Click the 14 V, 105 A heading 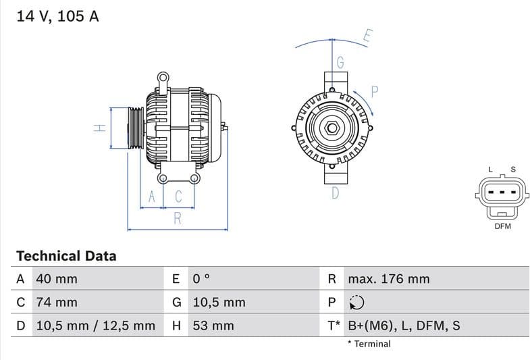click(x=57, y=17)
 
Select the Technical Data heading click(x=66, y=256)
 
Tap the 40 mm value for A click(x=57, y=279)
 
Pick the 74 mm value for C click(x=57, y=302)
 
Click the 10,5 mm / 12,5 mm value click(x=95, y=326)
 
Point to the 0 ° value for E click(x=202, y=279)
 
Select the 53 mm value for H click(x=213, y=326)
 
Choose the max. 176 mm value click(x=388, y=279)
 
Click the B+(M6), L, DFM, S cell click(x=404, y=326)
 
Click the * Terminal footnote click(x=369, y=344)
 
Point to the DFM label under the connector click(x=503, y=226)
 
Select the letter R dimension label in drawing click(x=178, y=217)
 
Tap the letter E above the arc click(x=367, y=36)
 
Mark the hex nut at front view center click(x=333, y=128)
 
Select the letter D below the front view click(x=335, y=193)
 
